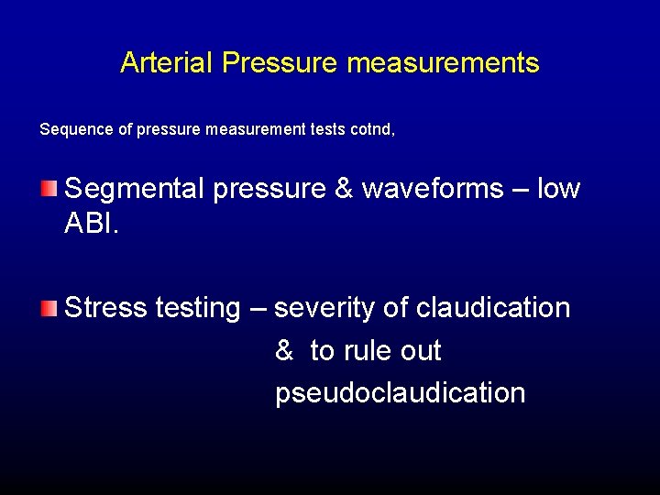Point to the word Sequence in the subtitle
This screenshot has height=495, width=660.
[77, 130]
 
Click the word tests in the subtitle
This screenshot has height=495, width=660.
[326, 130]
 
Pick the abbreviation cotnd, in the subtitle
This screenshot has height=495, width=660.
[373, 130]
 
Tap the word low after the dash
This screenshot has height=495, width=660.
[558, 189]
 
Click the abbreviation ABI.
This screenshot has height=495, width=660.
[93, 223]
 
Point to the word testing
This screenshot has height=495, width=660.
[198, 309]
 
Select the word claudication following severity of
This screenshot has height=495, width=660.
[493, 308]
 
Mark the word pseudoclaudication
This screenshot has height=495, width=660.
[400, 392]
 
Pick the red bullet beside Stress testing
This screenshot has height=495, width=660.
[49, 308]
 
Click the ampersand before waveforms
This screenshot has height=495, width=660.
[344, 189]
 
